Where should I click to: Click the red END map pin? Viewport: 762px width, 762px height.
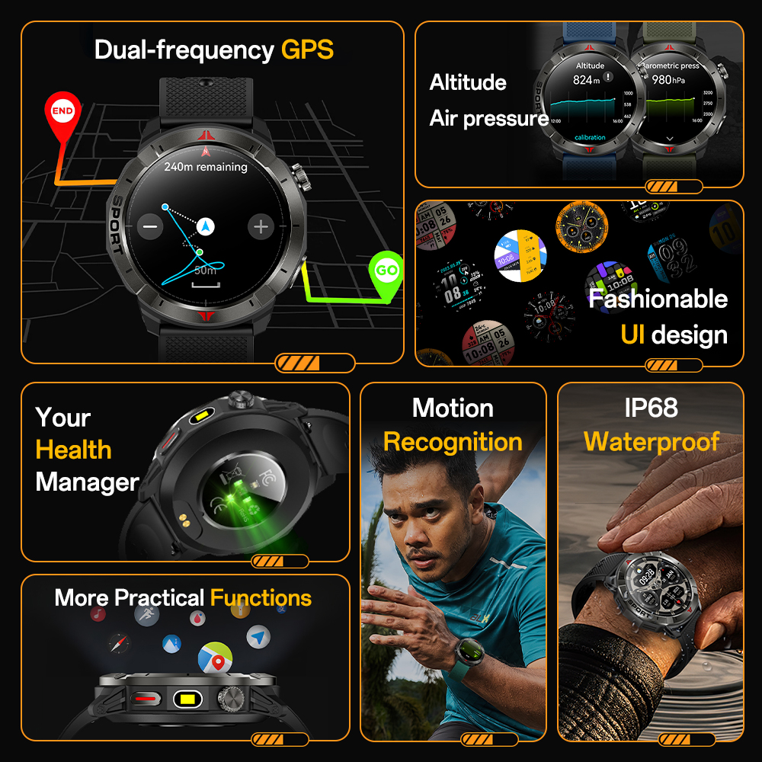pyautogui.click(x=62, y=112)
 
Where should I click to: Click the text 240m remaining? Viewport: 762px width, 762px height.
pyautogui.click(x=206, y=166)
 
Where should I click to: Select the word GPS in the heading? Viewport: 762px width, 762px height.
pyautogui.click(x=307, y=50)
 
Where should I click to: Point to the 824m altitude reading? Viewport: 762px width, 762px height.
pyautogui.click(x=588, y=80)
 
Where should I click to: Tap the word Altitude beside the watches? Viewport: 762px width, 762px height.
pyautogui.click(x=468, y=82)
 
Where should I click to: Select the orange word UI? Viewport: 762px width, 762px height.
pyautogui.click(x=632, y=335)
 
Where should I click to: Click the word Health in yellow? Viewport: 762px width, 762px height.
pyautogui.click(x=73, y=450)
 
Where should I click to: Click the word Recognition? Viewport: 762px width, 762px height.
pyautogui.click(x=453, y=442)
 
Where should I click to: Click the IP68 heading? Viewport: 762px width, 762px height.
pyautogui.click(x=651, y=408)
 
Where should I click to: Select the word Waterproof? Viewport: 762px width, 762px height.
pyautogui.click(x=652, y=442)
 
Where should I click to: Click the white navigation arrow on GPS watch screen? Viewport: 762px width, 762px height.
pyautogui.click(x=205, y=226)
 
